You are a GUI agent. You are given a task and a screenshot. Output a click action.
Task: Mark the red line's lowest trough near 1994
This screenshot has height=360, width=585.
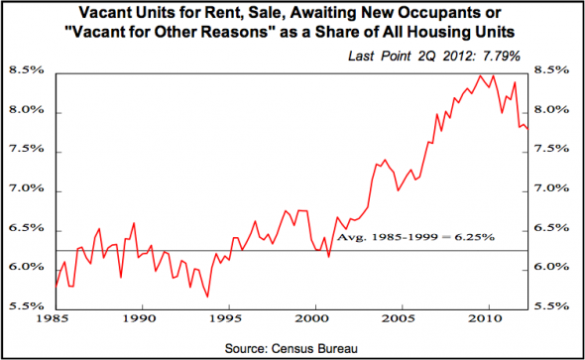[x=207, y=297]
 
